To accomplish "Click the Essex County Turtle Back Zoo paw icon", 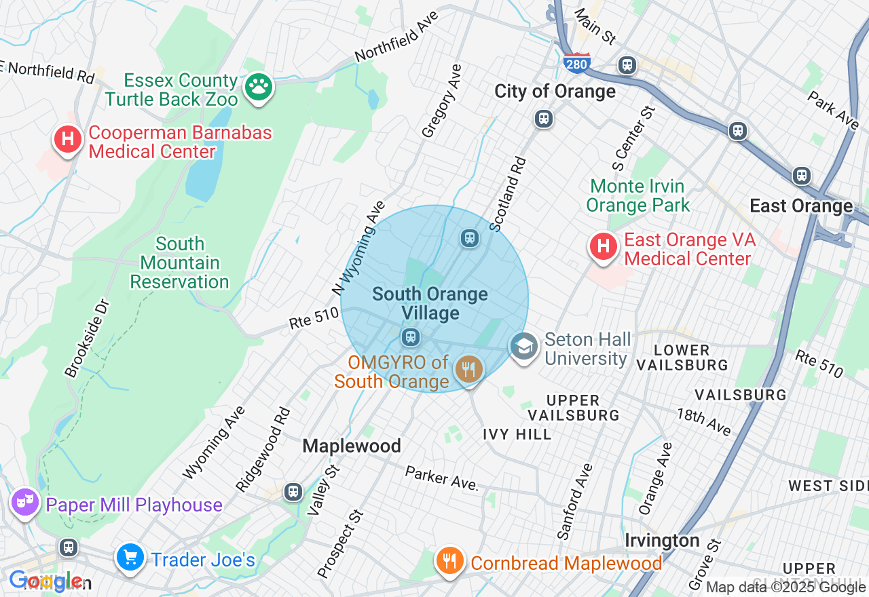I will [258, 87].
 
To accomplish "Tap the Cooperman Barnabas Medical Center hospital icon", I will [67, 140].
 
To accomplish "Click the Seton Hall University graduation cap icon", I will [523, 347].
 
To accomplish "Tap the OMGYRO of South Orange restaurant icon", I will [468, 370].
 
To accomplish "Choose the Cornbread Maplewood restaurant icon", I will [449, 561].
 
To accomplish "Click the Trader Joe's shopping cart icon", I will [129, 558].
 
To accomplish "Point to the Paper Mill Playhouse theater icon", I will [25, 503].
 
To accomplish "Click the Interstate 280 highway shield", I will [576, 62].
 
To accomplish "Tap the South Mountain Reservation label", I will [179, 263].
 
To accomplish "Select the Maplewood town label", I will [351, 446].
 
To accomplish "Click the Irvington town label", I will [662, 541].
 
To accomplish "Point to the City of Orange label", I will [555, 91].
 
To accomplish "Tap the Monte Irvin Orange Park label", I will [637, 195].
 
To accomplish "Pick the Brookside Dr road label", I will [87, 338].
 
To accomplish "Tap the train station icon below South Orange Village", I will [409, 336].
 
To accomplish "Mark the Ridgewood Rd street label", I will [263, 450].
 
